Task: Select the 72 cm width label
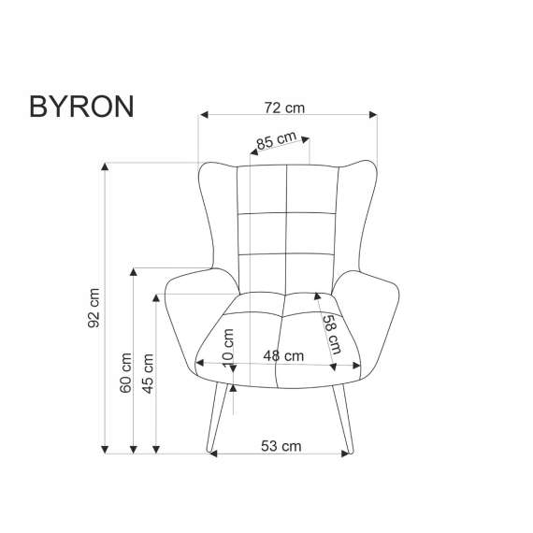[x=285, y=108]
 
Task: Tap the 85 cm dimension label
[x=277, y=141]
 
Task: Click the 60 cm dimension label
[x=126, y=374]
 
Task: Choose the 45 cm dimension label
[x=148, y=374]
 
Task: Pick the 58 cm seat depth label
[x=332, y=332]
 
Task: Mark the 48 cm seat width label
[x=283, y=355]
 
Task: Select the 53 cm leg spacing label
[x=281, y=446]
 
